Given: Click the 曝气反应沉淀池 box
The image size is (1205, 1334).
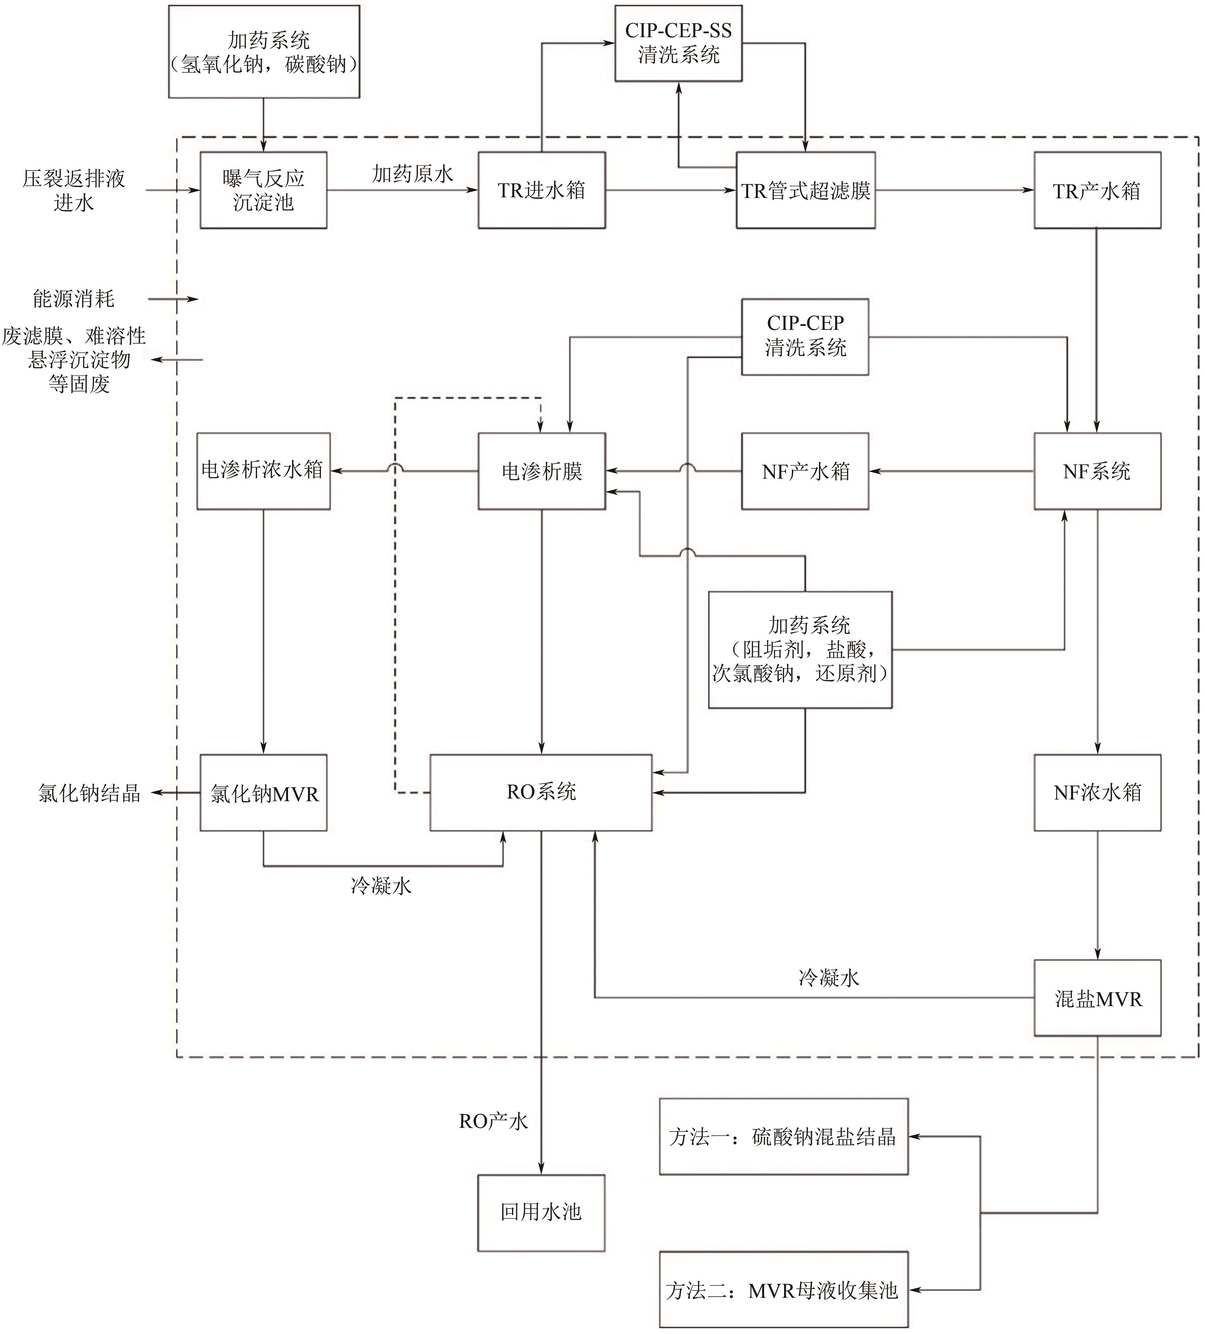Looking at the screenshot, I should (263, 191).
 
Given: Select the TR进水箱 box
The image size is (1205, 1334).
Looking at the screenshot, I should (541, 191).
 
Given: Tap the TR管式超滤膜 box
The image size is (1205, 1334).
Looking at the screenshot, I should (805, 191).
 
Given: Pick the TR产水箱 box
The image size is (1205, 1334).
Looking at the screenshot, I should (1096, 191).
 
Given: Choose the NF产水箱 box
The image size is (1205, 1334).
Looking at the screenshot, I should (805, 471).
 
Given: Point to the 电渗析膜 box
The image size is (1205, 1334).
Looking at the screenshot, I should (541, 471).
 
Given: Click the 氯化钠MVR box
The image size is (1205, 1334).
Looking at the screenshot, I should (263, 793).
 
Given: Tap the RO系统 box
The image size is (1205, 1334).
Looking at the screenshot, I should (541, 792).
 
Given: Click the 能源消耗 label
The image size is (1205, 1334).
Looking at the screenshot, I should (73, 299).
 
